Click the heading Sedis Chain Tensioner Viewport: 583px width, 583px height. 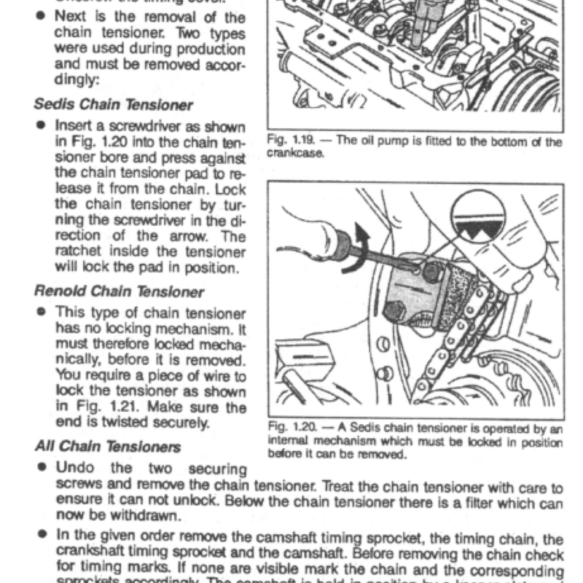coord(114,105)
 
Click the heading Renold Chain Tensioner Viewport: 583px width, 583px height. coord(119,292)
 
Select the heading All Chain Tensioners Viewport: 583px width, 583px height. coord(107,446)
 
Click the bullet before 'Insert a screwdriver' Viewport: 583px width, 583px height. coord(43,125)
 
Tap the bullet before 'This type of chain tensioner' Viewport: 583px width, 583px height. coord(43,312)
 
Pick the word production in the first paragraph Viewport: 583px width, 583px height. coord(211,49)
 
